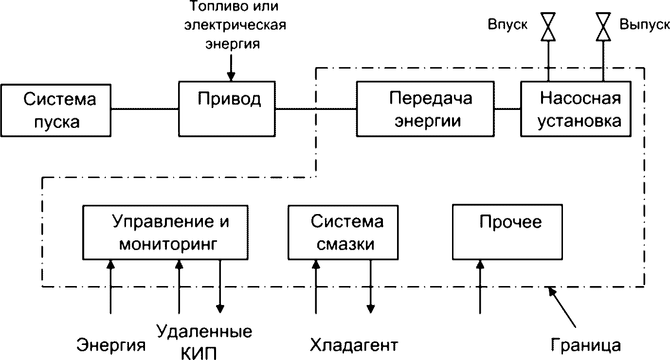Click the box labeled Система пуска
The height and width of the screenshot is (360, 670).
tap(56, 110)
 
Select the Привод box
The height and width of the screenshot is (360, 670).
tap(227, 109)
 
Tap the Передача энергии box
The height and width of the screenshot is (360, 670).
tap(425, 109)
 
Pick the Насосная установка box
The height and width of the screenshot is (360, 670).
tap(576, 109)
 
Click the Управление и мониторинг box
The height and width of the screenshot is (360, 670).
tap(165, 233)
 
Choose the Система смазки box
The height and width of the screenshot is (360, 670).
tap(343, 233)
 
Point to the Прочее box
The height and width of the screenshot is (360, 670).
tap(507, 232)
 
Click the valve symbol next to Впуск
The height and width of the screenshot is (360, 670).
tap(548, 27)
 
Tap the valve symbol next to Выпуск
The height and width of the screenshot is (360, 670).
tap(603, 27)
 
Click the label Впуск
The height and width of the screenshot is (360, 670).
tap(507, 24)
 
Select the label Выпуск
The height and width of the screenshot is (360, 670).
tap(645, 24)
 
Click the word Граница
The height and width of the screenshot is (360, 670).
tap(586, 345)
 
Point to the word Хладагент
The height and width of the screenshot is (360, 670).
tap(354, 345)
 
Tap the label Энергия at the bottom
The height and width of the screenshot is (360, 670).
tap(111, 345)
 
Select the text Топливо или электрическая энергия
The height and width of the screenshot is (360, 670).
tap(235, 25)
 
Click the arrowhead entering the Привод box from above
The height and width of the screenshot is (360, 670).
tap(231, 77)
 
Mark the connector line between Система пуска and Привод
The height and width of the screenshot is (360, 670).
tap(145, 109)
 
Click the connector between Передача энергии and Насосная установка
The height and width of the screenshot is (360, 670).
tap(507, 109)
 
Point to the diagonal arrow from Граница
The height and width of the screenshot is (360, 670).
tap(562, 307)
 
